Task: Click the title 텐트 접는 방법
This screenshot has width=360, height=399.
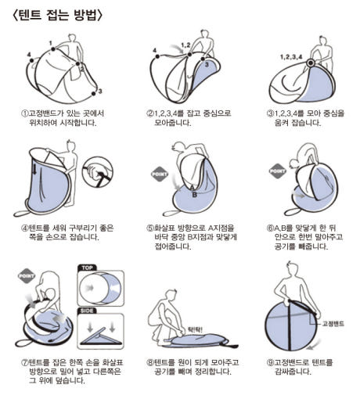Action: (57, 15)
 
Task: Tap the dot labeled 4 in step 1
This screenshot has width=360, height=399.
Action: (32, 60)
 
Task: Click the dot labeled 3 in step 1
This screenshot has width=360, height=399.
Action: (93, 94)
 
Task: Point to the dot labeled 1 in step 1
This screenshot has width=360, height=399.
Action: (53, 49)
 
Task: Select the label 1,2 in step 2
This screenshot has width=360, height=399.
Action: (186, 45)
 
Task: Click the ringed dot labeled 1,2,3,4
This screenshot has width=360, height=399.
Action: (311, 63)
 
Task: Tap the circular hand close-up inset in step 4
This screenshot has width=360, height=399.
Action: (98, 172)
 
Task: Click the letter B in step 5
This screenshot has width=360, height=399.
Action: (195, 195)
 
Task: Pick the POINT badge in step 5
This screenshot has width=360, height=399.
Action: (160, 174)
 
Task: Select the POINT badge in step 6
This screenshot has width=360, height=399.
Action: (278, 171)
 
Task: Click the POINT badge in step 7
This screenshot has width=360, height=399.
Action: (27, 276)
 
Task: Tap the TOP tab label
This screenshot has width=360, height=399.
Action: (87, 268)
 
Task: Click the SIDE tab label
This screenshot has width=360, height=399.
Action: (87, 311)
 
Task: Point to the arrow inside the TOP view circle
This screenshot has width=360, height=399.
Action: (90, 288)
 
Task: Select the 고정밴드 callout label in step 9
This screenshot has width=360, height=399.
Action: (333, 324)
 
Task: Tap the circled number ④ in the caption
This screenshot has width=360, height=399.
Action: (24, 228)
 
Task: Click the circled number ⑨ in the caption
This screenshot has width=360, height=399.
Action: (270, 362)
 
